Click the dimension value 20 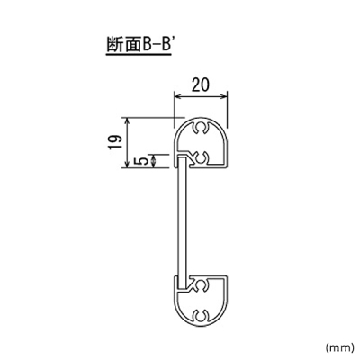coord(201,85)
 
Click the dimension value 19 coord(115,142)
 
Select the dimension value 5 coord(144,161)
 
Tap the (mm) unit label coord(338,347)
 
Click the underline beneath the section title coord(139,55)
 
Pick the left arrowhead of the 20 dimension coord(177,96)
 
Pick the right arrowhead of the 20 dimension coord(224,96)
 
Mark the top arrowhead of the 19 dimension coord(128,121)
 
